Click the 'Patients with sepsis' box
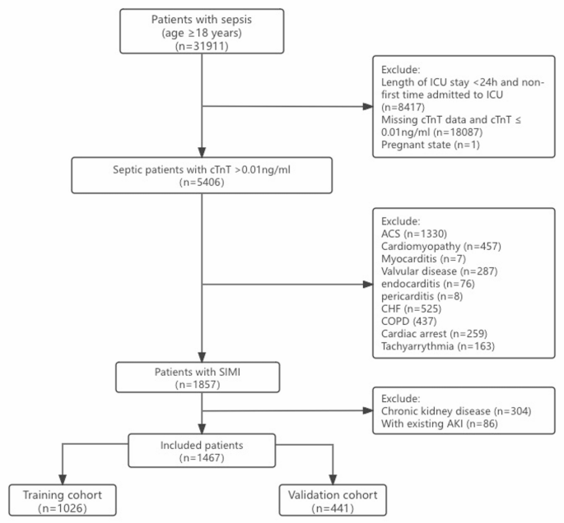(203, 32)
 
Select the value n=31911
(203, 48)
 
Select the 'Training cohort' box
(63, 502)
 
